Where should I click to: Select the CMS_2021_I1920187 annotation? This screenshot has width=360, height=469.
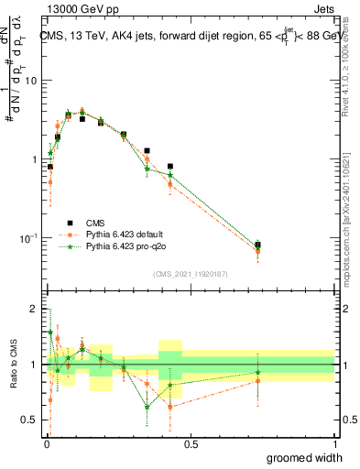click(189, 273)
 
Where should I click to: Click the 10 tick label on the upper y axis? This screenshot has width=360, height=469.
click(30, 81)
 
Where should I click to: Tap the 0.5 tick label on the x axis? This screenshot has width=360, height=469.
click(191, 444)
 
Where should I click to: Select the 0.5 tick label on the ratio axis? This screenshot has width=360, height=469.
click(30, 421)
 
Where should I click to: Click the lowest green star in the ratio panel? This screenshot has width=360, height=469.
click(147, 408)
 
